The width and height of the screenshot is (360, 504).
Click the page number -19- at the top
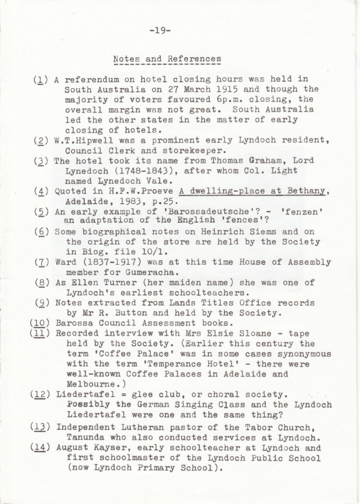click(160, 31)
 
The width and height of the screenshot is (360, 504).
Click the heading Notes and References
click(167, 59)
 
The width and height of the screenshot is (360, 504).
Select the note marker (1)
click(40, 79)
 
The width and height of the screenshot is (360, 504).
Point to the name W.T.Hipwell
click(79, 141)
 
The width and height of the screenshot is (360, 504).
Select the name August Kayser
click(86, 448)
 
